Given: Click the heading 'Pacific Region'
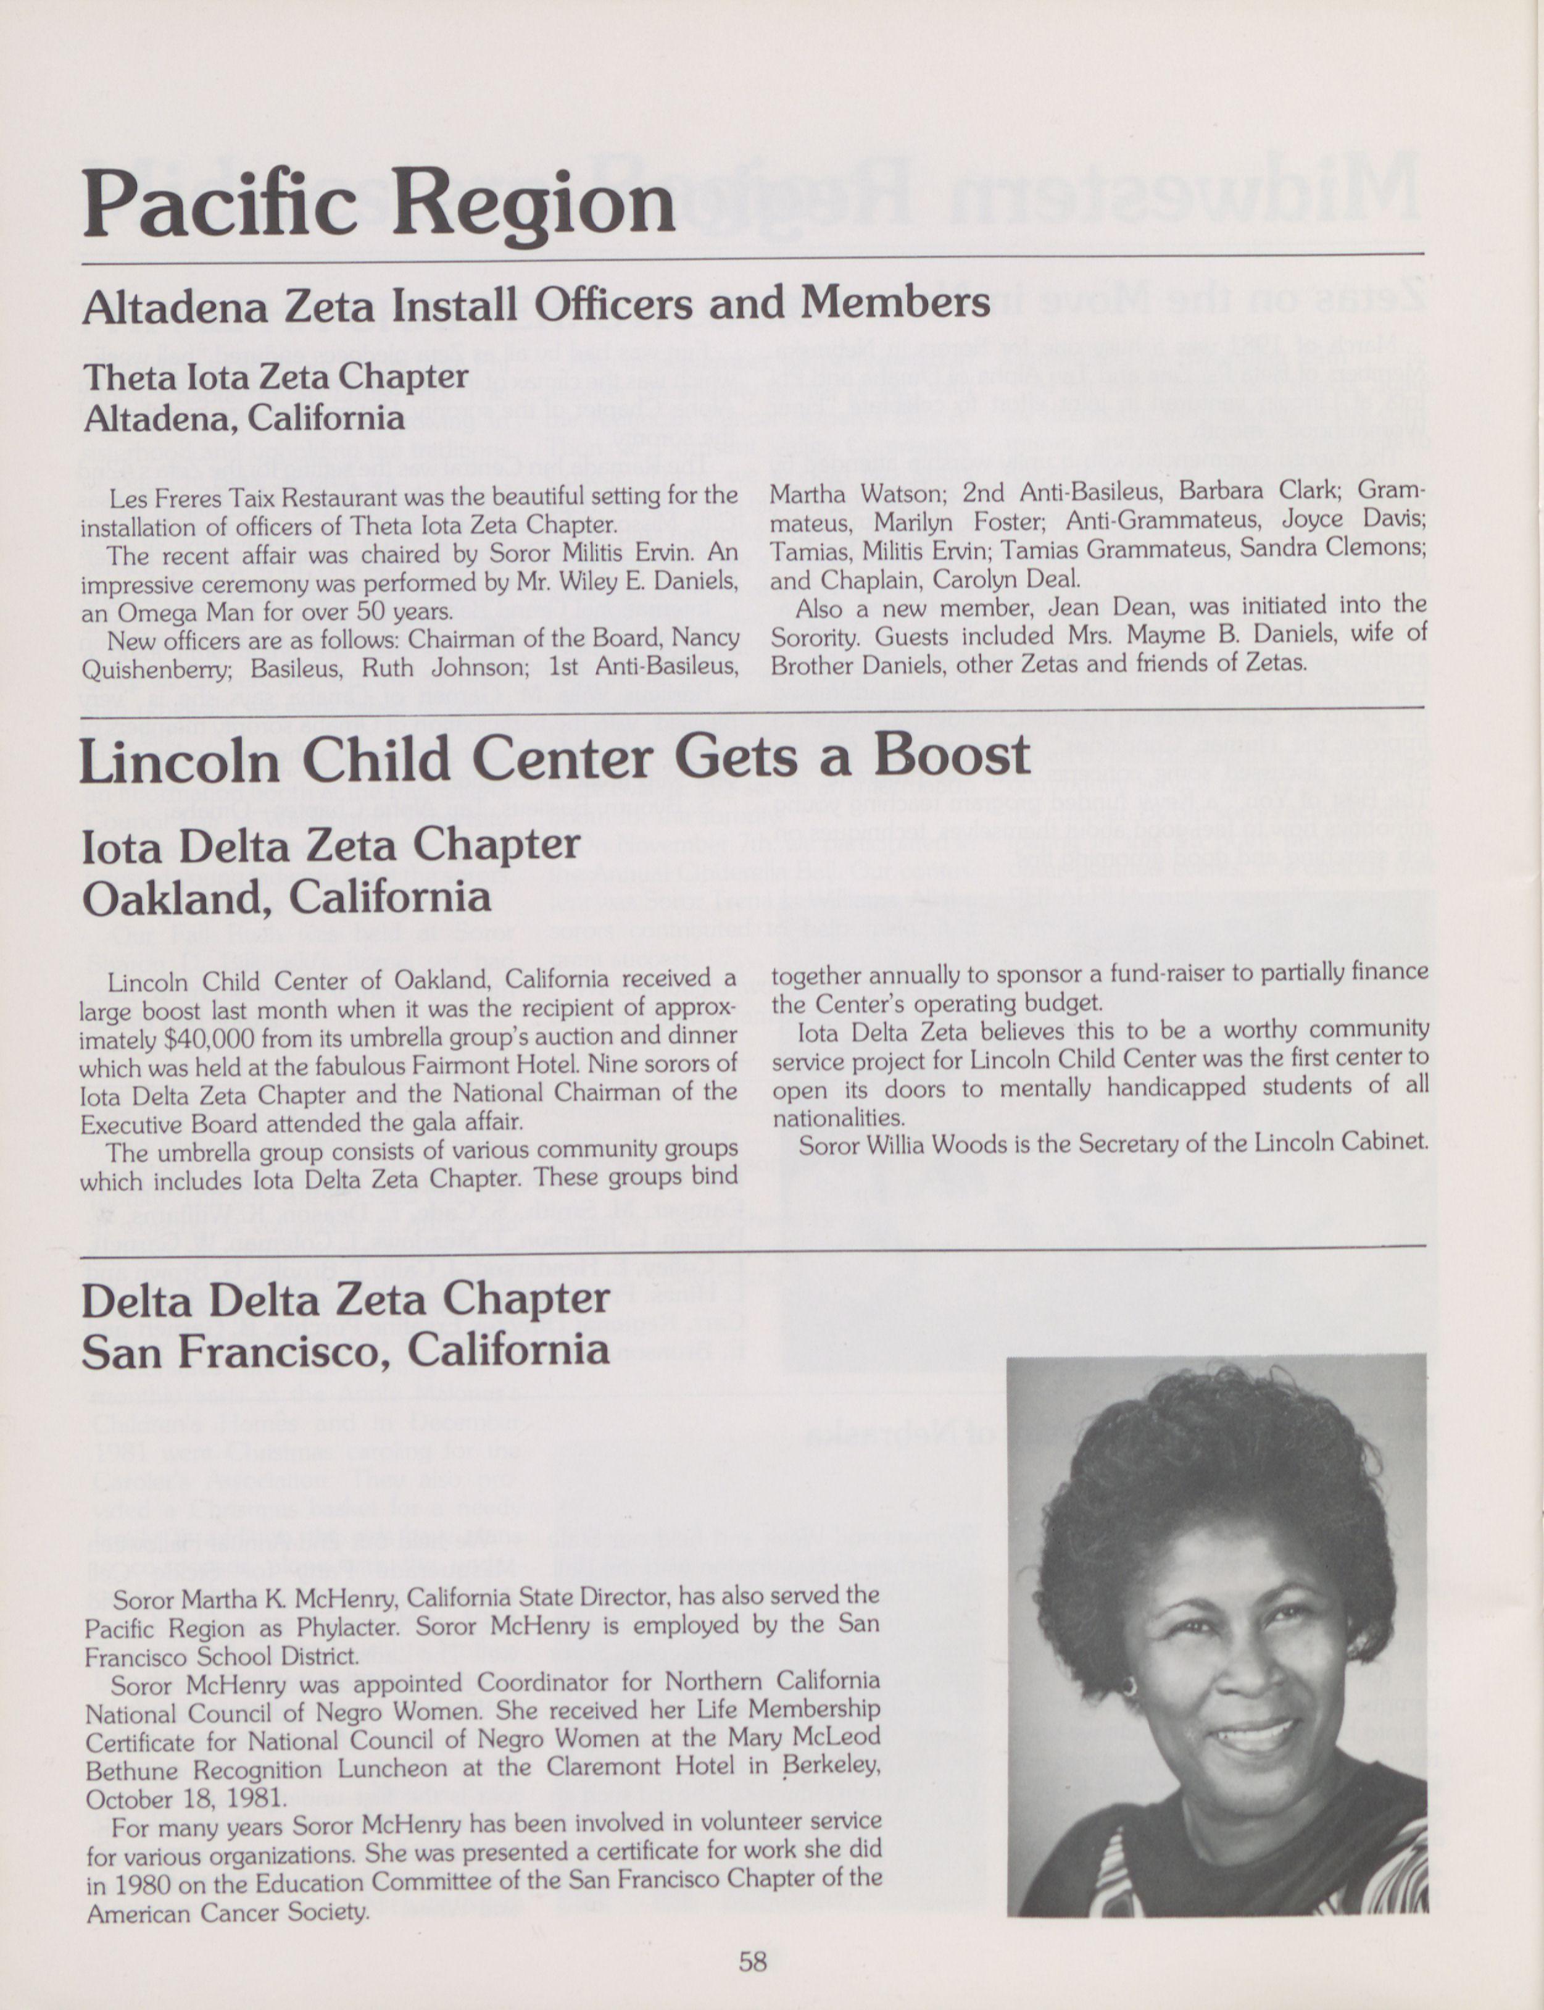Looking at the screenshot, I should [379, 203].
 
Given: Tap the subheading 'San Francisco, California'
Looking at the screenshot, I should [346, 1350].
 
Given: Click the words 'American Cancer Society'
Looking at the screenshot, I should [228, 1914].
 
